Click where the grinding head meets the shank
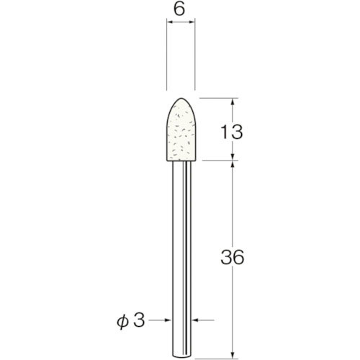[182, 161]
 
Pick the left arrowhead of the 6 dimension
[170, 24]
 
